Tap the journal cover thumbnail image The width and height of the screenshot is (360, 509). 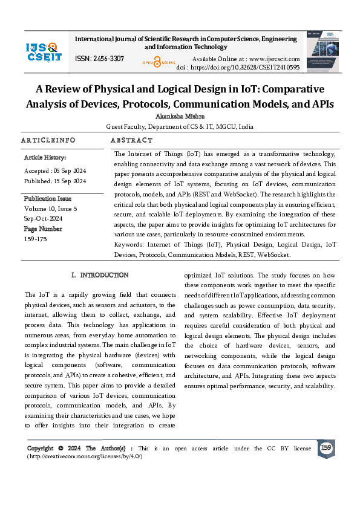click(x=321, y=51)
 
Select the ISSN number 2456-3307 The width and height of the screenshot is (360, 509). click(x=100, y=59)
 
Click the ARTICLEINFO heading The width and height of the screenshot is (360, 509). click(x=48, y=140)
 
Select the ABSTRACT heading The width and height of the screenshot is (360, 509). click(x=132, y=140)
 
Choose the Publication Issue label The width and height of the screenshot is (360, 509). click(x=48, y=198)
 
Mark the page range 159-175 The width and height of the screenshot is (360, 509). click(x=35, y=239)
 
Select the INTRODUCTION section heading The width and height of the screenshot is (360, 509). click(x=104, y=275)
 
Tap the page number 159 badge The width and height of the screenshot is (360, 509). click(x=326, y=448)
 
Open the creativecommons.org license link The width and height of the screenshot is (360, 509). click(x=85, y=456)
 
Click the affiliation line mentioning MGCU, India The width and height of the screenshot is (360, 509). click(x=180, y=127)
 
